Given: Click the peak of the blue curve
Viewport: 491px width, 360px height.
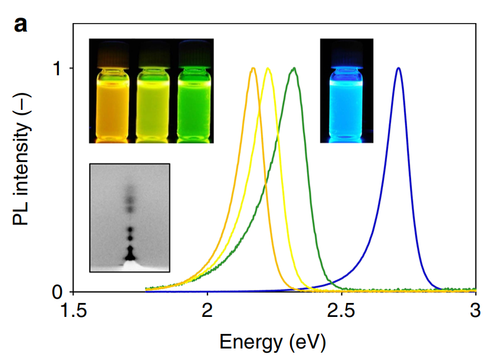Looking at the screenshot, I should pyautogui.click(x=398, y=68).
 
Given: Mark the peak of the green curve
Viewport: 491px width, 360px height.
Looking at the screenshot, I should pyautogui.click(x=294, y=68).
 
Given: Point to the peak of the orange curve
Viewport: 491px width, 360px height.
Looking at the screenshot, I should pyautogui.click(x=253, y=68).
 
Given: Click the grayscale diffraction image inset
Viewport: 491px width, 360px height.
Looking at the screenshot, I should pyautogui.click(x=129, y=217).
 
